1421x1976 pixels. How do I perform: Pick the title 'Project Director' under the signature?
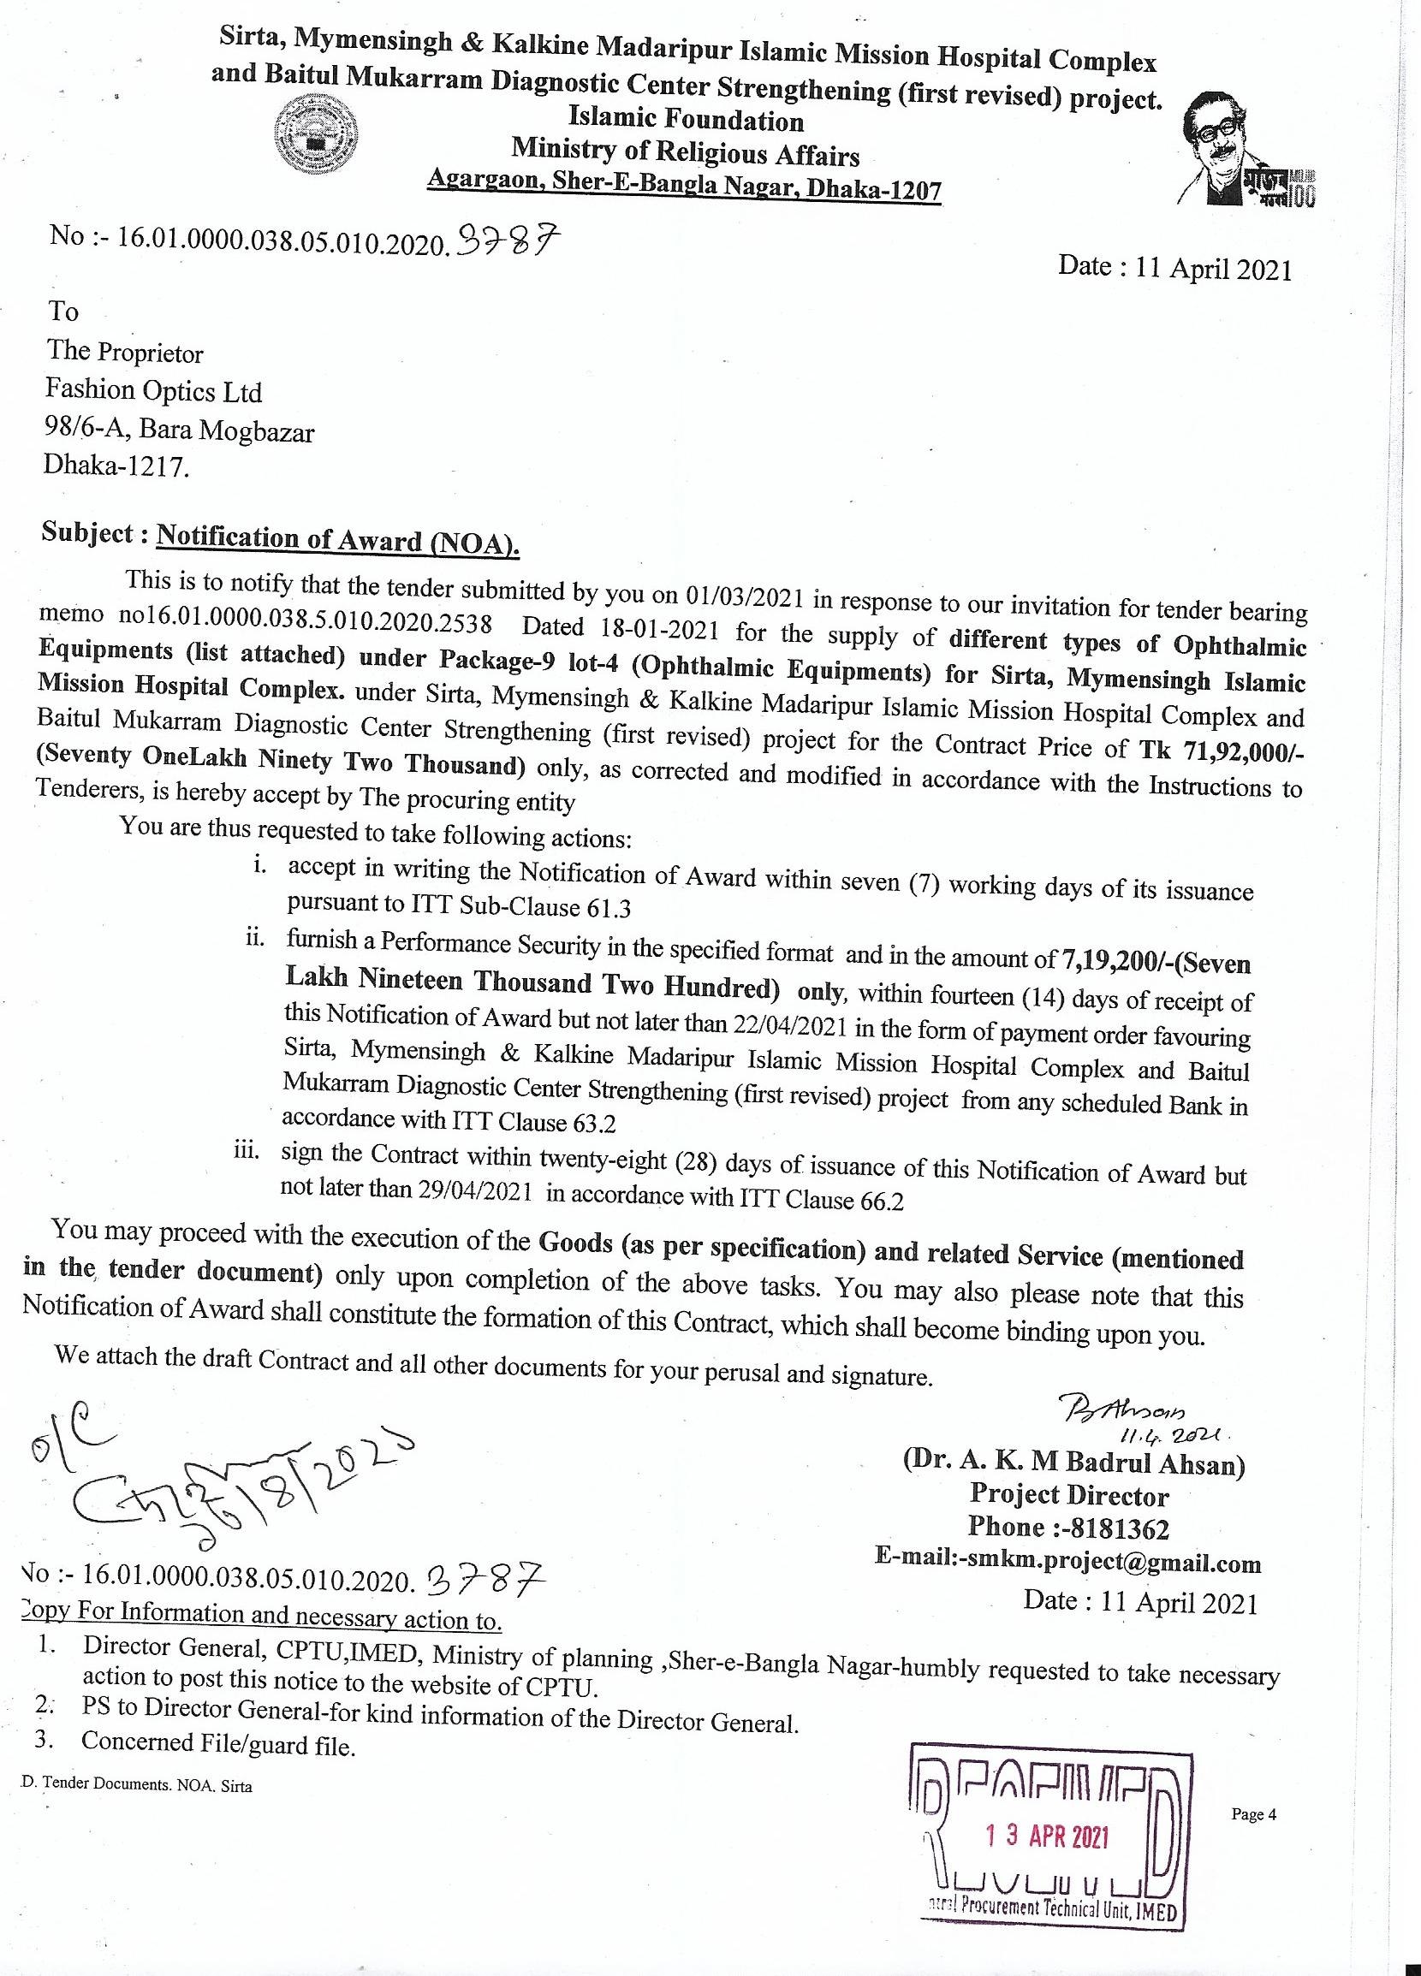1069,1495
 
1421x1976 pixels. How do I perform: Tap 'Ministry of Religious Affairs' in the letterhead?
685,152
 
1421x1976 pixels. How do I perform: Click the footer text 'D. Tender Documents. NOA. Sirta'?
136,1785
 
